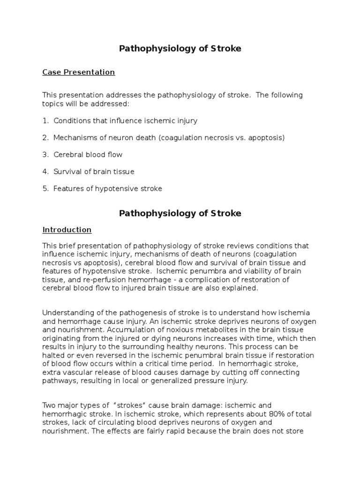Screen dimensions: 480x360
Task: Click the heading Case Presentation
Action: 78,72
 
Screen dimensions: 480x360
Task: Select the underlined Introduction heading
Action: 67,230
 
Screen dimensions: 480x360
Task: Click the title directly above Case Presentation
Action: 180,49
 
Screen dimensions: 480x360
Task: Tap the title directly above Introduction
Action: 180,213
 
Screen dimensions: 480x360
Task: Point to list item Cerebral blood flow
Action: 88,155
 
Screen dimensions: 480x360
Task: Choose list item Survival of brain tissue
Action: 94,172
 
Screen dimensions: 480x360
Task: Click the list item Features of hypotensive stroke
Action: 107,188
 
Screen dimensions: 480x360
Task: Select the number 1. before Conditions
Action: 45,120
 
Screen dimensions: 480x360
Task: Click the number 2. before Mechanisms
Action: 45,138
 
